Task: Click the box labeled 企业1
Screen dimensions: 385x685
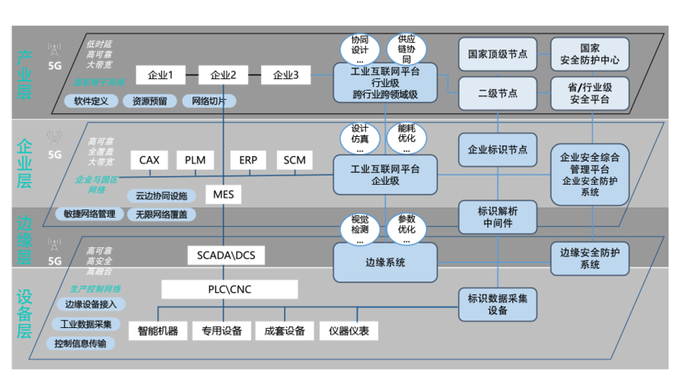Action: click(x=161, y=75)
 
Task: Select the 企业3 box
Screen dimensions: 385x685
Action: click(x=286, y=75)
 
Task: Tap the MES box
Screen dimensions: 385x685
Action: click(x=224, y=195)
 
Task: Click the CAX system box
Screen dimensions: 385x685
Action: click(x=149, y=161)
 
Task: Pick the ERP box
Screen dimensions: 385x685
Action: click(x=248, y=161)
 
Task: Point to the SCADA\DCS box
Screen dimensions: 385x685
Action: click(x=226, y=255)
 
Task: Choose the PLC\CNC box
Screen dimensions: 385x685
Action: click(x=229, y=289)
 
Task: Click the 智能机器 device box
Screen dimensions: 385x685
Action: click(x=158, y=330)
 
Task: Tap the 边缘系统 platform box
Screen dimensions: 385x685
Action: click(x=385, y=262)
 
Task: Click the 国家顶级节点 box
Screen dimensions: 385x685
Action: click(x=498, y=54)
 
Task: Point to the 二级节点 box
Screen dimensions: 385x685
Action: click(x=498, y=93)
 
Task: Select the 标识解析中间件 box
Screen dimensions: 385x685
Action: click(x=498, y=217)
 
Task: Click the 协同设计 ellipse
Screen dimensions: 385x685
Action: click(x=360, y=49)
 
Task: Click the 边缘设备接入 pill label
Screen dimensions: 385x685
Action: click(x=85, y=304)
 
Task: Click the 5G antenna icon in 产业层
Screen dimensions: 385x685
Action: click(x=54, y=51)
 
